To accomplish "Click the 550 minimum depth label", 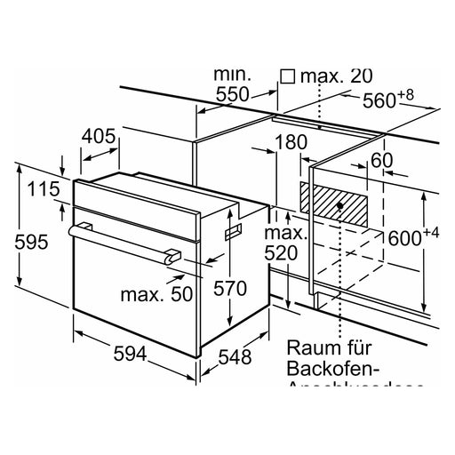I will click(x=235, y=95).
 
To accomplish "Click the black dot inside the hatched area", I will click(x=341, y=205).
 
